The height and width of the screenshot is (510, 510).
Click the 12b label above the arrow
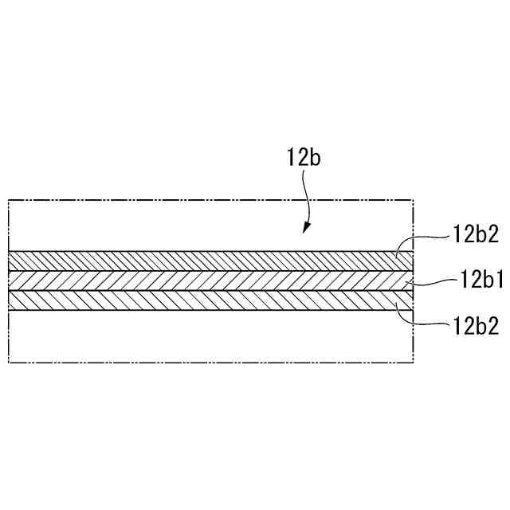pos(304,158)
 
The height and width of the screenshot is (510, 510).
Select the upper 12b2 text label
pos(476,235)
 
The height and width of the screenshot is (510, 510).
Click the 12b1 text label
pos(479,280)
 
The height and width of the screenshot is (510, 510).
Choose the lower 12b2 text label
pos(476,327)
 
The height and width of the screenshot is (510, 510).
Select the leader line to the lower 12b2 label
pos(422,321)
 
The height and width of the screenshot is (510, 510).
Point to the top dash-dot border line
pos(207,199)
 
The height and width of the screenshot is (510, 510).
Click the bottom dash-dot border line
pos(207,363)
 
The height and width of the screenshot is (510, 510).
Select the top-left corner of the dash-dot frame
pos(8,199)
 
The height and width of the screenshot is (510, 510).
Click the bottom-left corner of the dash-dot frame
pos(8,363)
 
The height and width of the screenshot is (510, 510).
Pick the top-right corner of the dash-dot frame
pos(414,199)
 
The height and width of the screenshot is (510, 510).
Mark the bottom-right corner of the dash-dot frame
pos(414,363)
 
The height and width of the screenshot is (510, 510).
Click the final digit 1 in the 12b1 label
pos(499,280)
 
